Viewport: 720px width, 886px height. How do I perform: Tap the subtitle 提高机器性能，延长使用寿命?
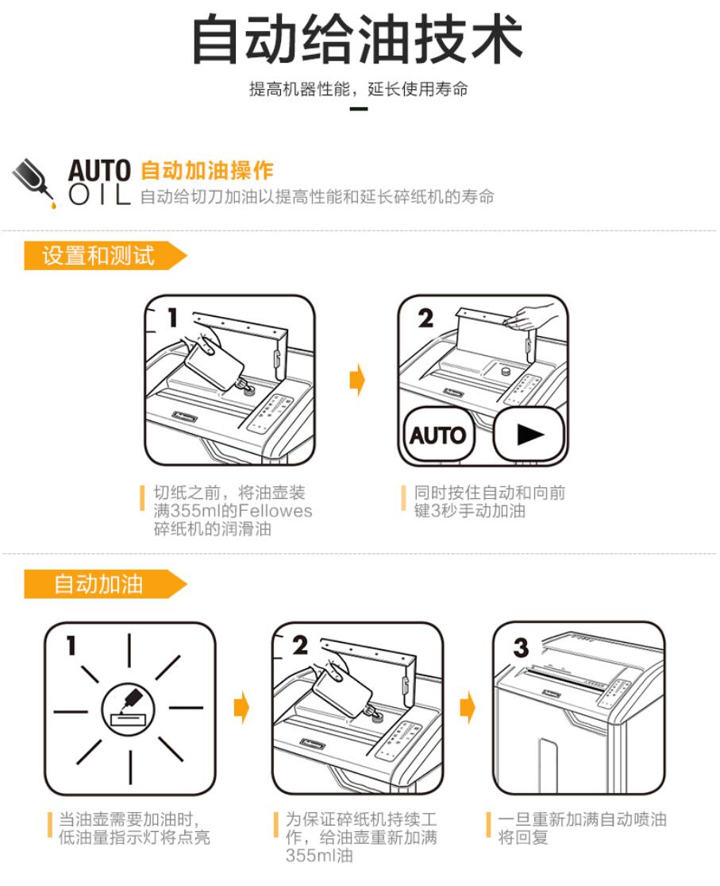click(359, 89)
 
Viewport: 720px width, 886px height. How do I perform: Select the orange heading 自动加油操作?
click(206, 170)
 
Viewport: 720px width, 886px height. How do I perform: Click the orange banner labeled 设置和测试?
click(105, 255)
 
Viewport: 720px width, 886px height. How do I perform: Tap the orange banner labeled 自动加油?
click(105, 584)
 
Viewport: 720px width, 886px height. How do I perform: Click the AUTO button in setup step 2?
click(438, 435)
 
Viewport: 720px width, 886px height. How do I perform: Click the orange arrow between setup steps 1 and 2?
click(357, 379)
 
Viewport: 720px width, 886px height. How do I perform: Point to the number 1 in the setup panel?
click(172, 317)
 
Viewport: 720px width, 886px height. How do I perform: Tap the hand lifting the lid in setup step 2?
click(533, 316)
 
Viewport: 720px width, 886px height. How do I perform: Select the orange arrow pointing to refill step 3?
click(468, 707)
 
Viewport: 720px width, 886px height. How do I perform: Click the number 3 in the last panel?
click(521, 647)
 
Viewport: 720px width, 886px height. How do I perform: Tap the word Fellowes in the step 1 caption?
click(276, 511)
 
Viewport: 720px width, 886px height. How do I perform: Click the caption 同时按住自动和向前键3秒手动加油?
click(489, 501)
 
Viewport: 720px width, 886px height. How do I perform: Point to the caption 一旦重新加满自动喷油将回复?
click(582, 828)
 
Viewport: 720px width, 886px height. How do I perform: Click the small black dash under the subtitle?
click(359, 109)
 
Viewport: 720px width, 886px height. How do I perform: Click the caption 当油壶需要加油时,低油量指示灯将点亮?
click(134, 828)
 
